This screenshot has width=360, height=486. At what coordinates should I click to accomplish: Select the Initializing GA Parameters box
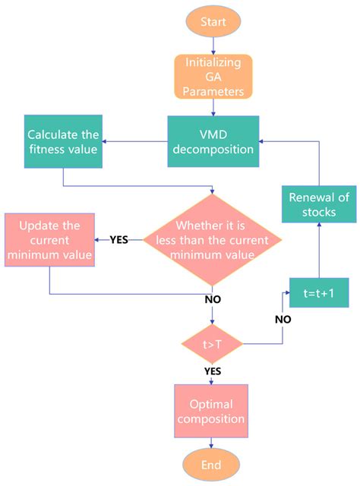coord(213,77)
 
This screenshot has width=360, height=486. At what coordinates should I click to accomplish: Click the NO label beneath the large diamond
coord(213,299)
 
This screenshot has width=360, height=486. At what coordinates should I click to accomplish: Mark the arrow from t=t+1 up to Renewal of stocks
coord(318,251)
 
